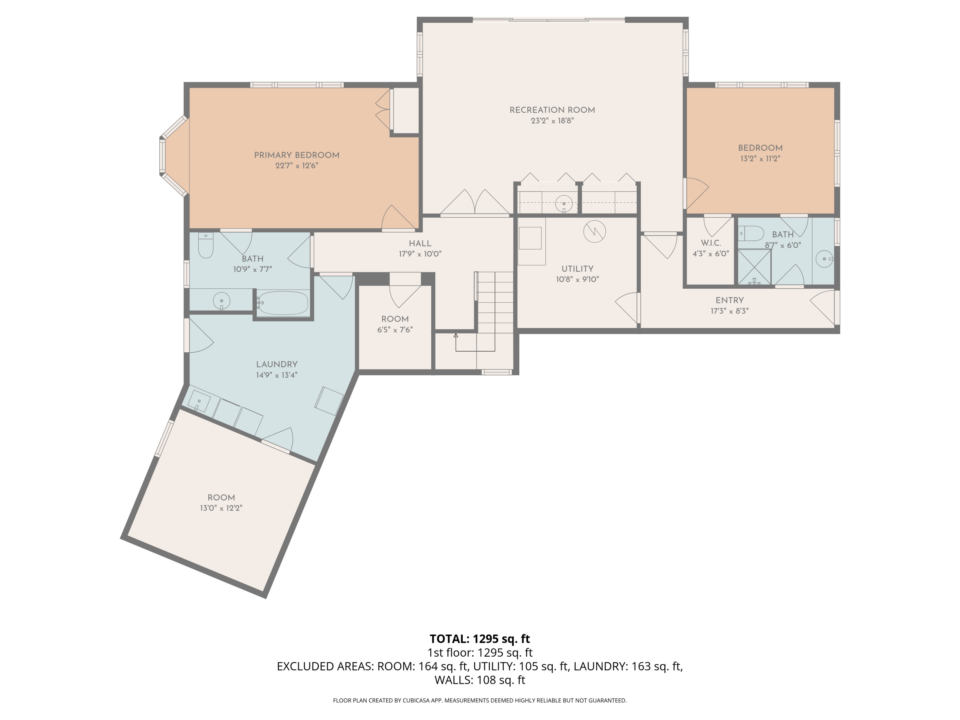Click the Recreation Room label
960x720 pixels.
pos(552,110)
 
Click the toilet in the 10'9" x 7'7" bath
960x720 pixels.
pos(206,246)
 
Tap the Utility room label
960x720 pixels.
pos(577,269)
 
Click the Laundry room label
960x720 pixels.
pos(276,364)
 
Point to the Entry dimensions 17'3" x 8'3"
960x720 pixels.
pos(730,311)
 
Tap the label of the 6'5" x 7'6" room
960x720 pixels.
pos(395,319)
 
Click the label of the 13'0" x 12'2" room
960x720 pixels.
pos(221,498)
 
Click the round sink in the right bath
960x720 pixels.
pos(824,260)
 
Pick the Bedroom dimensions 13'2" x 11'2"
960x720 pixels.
pos(760,159)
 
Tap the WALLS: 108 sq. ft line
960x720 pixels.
pos(480,680)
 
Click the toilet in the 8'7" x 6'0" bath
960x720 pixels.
pos(751,234)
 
